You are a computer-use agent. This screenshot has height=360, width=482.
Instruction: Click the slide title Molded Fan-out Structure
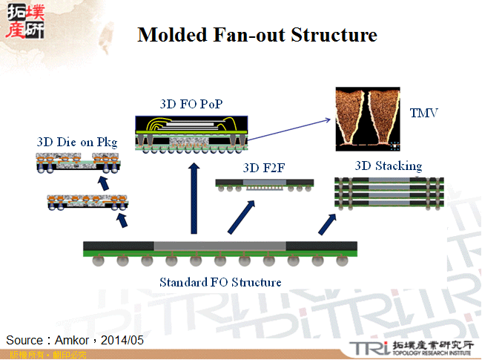click(257, 35)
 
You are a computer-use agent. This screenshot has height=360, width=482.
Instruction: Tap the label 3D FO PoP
click(191, 104)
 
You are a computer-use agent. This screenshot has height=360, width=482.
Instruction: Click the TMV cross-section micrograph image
click(368, 117)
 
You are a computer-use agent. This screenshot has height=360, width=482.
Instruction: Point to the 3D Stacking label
click(389, 166)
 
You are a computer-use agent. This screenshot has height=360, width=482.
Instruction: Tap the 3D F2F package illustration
click(264, 185)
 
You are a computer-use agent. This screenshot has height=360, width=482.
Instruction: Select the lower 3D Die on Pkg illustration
click(84, 202)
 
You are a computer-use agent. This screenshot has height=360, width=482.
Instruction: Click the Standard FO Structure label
click(220, 282)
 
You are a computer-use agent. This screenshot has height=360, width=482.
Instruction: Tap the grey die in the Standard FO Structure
click(219, 246)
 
